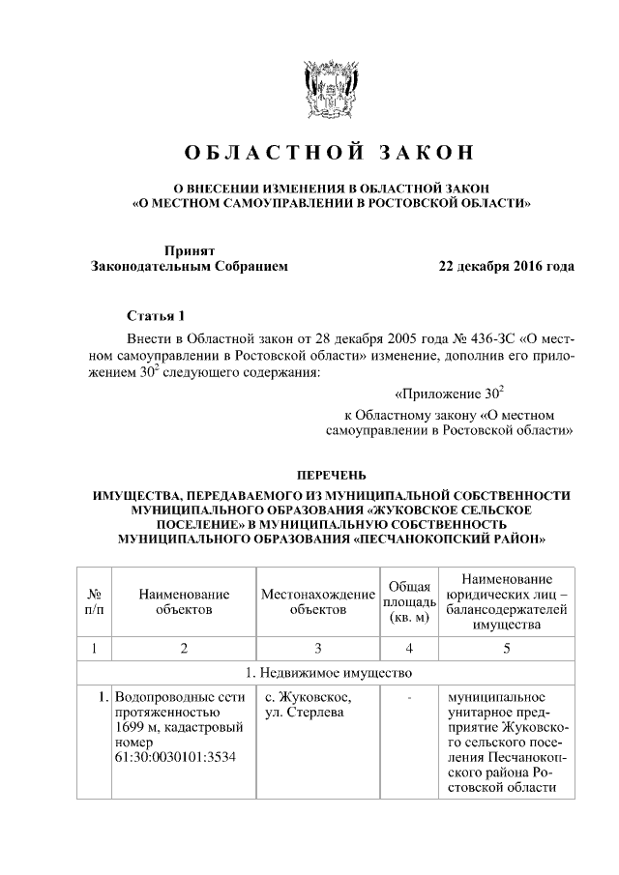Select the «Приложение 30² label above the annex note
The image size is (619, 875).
coord(451,394)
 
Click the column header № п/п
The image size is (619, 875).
coord(96,601)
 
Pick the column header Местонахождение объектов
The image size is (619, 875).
coord(317,601)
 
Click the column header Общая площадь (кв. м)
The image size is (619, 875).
coord(408,601)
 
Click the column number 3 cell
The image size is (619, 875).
coord(317,648)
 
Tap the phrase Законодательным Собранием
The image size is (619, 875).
coord(189,266)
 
